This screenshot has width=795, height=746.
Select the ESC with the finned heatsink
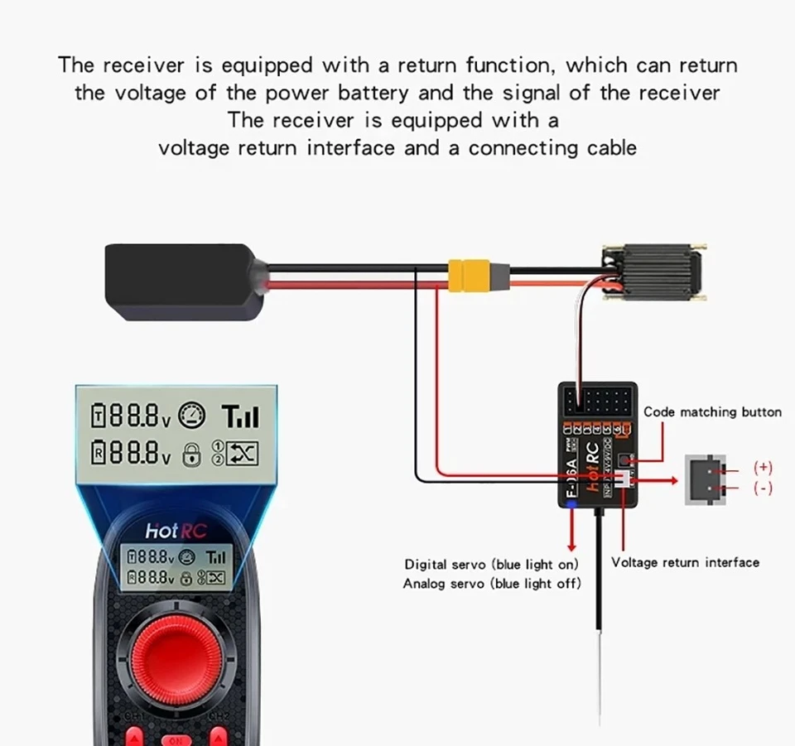658,274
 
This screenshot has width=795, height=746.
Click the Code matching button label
712,412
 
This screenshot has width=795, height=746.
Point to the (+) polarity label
763,468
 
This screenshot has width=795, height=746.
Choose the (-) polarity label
763,489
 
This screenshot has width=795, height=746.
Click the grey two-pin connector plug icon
703,479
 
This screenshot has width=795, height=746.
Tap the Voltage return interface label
685,562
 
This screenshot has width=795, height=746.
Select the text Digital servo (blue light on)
491,565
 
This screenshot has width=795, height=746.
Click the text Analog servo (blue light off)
491,584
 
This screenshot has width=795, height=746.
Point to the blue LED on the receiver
570,503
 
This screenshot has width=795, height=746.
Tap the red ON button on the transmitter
176,739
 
